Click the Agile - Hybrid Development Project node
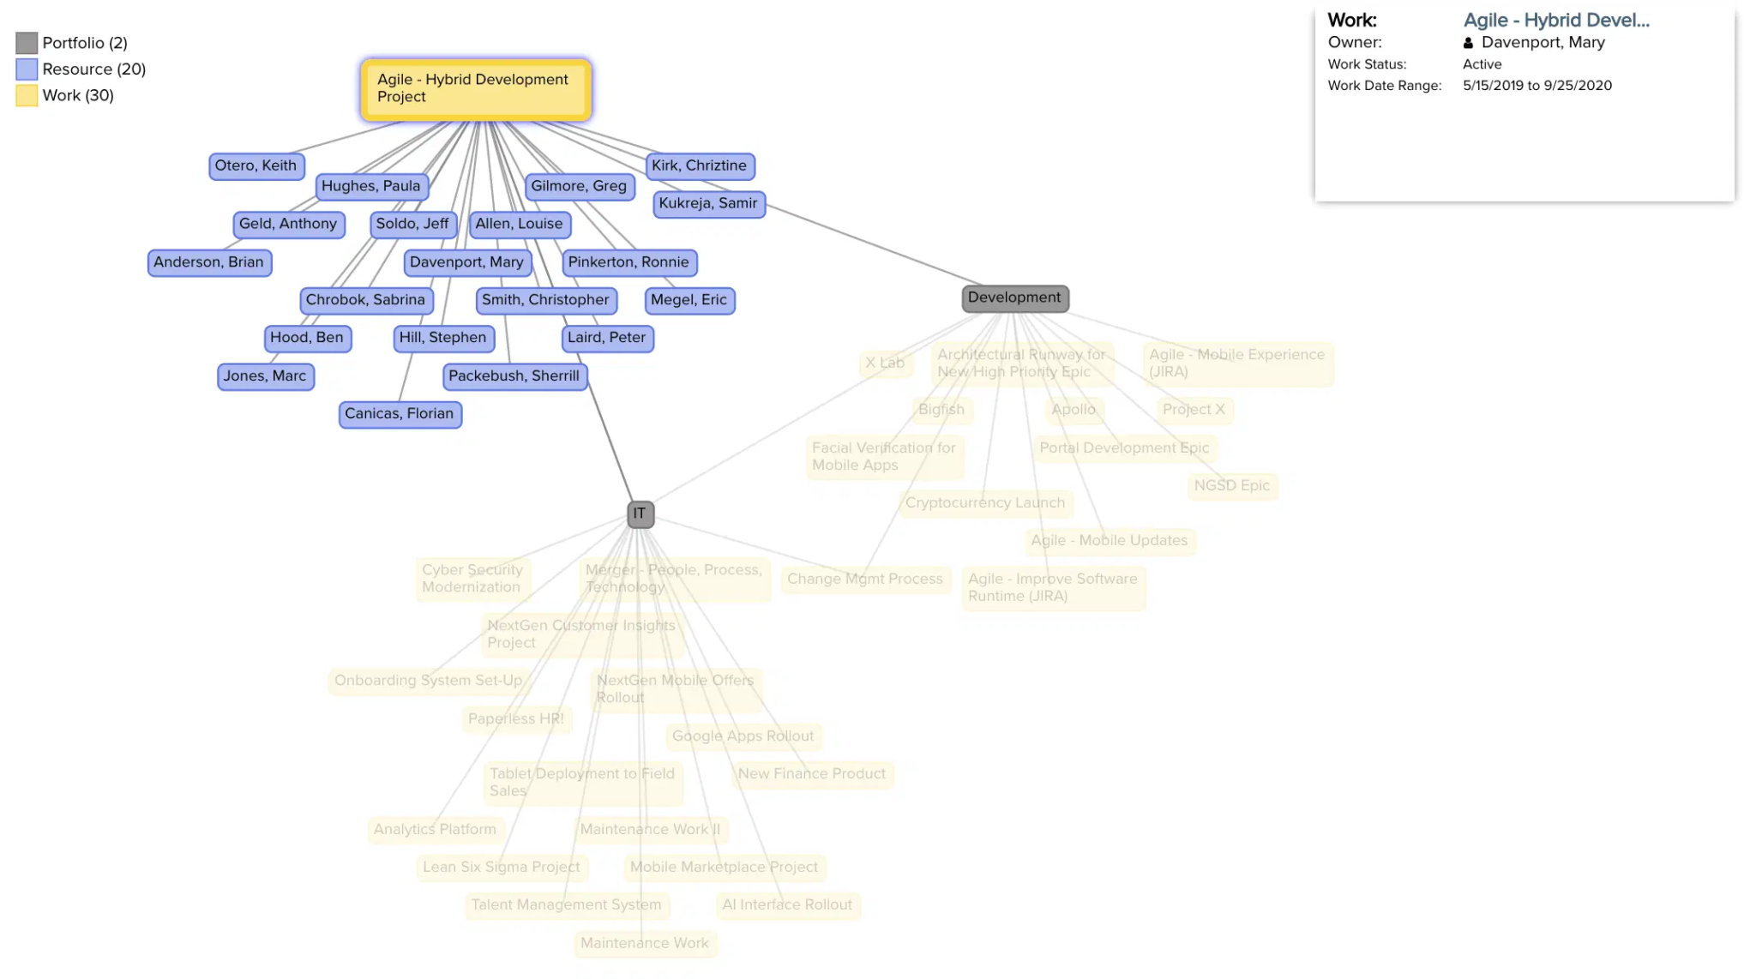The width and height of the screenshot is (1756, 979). click(476, 88)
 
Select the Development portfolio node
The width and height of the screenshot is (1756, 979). click(1014, 297)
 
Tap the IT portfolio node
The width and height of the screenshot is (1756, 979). click(640, 514)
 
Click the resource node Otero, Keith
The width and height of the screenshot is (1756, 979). click(256, 165)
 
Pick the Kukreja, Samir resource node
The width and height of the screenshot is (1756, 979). click(708, 203)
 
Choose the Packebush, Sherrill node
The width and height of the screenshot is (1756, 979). click(514, 375)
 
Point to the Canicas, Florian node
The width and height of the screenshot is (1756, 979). click(400, 413)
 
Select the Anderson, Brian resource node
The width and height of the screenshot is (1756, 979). click(208, 262)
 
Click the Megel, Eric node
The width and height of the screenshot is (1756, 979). click(689, 300)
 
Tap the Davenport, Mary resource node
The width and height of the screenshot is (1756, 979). click(466, 262)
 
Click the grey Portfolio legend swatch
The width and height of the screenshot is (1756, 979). click(27, 43)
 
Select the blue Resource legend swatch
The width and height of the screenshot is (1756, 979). click(27, 69)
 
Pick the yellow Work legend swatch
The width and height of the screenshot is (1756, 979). click(27, 96)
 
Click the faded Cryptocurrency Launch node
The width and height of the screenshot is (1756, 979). click(985, 502)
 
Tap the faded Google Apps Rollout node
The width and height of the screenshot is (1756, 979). click(743, 736)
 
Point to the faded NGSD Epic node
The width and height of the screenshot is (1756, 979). click(1231, 485)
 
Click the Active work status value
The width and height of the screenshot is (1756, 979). click(1482, 64)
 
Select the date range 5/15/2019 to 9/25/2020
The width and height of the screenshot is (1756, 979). click(1536, 86)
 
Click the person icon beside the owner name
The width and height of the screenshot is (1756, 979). click(1468, 43)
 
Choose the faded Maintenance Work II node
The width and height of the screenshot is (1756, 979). click(650, 829)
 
